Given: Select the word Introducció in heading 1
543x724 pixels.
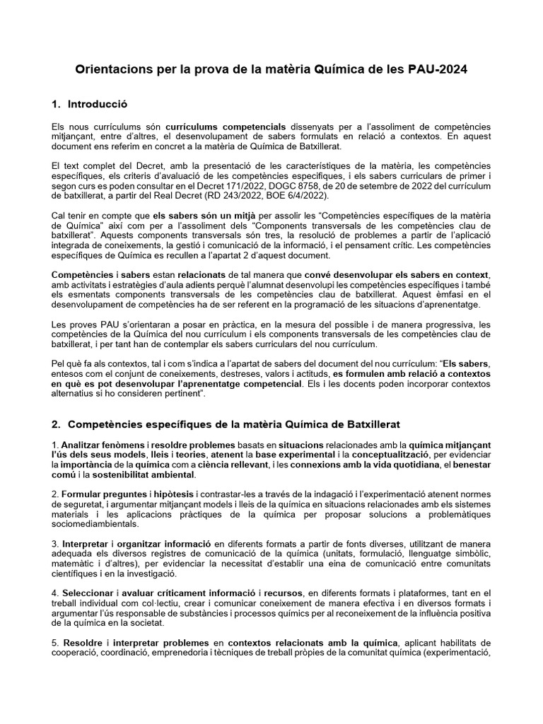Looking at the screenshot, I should click(x=97, y=104).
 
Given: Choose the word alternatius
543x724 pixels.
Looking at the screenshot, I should click(x=77, y=393).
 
